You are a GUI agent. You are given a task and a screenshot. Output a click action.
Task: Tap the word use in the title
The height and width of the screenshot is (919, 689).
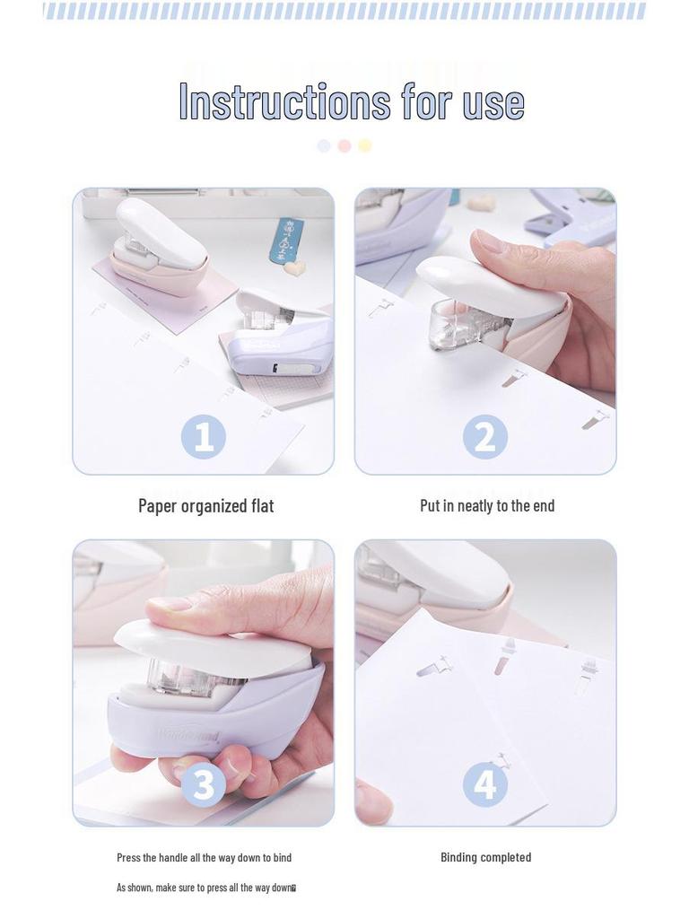pos(493,104)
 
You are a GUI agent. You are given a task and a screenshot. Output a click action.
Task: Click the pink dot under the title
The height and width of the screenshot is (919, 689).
pos(344,145)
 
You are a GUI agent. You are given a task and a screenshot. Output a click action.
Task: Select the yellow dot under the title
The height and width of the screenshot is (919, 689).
pos(365,145)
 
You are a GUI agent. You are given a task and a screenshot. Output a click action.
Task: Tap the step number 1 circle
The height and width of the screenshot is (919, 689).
pos(204,437)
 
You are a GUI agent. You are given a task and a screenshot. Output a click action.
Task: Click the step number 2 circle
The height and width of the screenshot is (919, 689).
pos(485,437)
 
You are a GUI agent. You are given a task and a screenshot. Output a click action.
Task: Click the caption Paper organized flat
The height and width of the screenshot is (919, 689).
pos(206,506)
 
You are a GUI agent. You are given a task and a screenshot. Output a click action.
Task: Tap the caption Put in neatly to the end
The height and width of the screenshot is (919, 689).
pos(487,505)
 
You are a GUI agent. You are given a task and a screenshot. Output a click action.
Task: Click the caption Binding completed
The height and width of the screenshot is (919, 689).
pos(485,857)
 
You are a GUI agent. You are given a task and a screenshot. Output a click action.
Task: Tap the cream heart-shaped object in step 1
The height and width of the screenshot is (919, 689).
pos(294,267)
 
